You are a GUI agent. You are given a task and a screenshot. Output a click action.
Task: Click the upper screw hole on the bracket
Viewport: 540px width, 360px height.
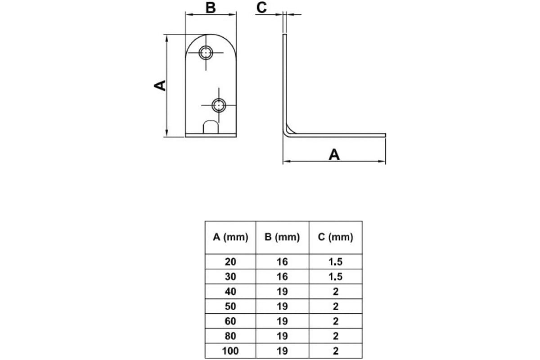(x=206, y=53)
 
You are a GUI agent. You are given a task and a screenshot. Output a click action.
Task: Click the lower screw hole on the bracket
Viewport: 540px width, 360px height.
(x=219, y=105)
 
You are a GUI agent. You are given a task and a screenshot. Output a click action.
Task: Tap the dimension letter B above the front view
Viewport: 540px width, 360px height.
(x=211, y=8)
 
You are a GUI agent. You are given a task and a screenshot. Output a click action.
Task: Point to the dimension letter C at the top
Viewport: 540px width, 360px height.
(x=261, y=8)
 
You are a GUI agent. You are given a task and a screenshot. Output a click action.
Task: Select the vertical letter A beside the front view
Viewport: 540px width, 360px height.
(x=160, y=85)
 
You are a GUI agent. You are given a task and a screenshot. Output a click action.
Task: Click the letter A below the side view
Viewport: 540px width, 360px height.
(x=334, y=154)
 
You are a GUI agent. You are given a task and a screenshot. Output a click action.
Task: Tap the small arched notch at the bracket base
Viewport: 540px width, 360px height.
(x=211, y=127)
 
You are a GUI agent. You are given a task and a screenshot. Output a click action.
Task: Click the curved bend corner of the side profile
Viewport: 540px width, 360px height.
(x=288, y=133)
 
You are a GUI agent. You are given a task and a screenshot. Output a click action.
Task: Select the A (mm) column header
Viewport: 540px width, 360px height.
(x=230, y=237)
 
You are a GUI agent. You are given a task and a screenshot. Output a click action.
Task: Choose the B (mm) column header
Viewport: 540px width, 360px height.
(x=282, y=237)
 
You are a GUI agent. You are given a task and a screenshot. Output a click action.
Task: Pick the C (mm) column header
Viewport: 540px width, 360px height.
(x=335, y=237)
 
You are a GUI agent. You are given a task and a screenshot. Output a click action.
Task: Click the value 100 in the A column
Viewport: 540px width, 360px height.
(x=230, y=351)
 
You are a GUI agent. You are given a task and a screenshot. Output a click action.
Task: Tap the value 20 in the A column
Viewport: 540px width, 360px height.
(x=230, y=261)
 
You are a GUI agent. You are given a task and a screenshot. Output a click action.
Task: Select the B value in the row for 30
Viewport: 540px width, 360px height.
(x=282, y=276)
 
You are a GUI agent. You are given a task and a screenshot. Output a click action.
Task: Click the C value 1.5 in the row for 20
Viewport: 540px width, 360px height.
(x=335, y=261)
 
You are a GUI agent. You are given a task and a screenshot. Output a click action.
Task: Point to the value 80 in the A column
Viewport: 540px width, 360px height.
(x=230, y=336)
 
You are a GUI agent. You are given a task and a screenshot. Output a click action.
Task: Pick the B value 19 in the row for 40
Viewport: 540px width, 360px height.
(x=282, y=292)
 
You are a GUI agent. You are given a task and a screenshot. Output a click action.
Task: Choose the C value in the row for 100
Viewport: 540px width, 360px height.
(x=336, y=351)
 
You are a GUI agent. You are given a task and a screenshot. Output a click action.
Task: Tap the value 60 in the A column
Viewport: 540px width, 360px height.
(x=230, y=321)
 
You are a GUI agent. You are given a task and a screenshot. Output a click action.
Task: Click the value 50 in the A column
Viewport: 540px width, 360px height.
(x=230, y=306)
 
